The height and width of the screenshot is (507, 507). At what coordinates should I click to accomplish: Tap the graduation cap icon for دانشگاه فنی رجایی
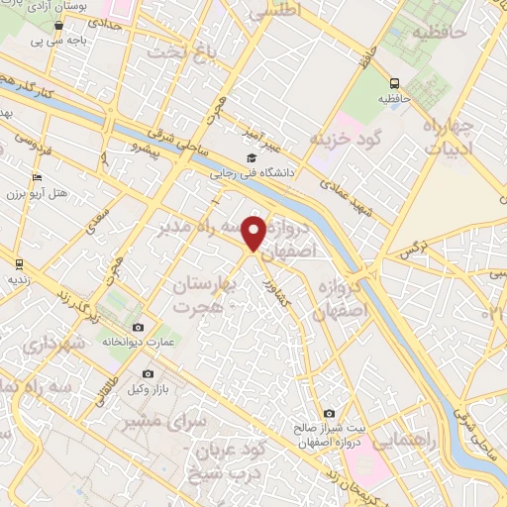click(x=252, y=157)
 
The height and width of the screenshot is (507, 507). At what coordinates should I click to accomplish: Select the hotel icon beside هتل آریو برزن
click(x=37, y=177)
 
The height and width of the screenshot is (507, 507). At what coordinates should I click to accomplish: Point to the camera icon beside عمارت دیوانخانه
click(x=138, y=328)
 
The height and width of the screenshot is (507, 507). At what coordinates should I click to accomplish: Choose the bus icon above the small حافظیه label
click(x=395, y=84)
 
